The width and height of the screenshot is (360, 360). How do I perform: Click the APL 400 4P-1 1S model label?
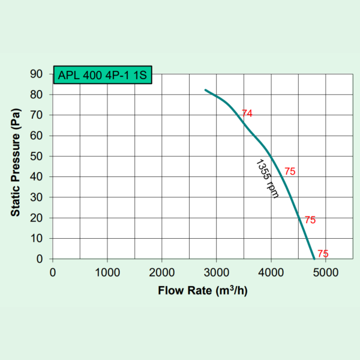coord(102,76)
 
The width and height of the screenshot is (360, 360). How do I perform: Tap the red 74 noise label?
coord(247,113)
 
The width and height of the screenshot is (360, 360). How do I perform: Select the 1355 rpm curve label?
coord(267,178)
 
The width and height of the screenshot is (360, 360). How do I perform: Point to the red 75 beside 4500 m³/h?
coord(310,220)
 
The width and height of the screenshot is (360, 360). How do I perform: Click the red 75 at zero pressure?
coord(323,254)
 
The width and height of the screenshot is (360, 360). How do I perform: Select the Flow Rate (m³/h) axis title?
coord(202,292)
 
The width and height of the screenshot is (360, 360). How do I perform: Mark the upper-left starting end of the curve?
coord(206,90)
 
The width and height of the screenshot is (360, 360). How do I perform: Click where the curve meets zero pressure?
coord(314,259)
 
